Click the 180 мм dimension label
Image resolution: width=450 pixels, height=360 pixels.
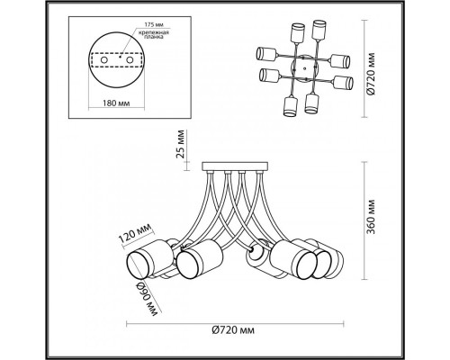[x=116, y=103]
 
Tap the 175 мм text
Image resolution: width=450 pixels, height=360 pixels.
[x=154, y=24]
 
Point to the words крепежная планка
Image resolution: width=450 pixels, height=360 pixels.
[x=154, y=35]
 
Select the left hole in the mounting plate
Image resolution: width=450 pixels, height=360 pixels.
[x=103, y=60]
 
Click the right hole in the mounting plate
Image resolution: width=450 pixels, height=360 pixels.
[x=130, y=60]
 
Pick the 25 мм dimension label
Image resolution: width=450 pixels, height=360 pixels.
[x=180, y=144]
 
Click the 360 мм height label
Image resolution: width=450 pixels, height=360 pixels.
[x=372, y=216]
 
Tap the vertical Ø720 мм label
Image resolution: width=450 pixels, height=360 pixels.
[x=372, y=74]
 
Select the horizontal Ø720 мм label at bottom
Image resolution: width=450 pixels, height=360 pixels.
[x=233, y=330]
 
